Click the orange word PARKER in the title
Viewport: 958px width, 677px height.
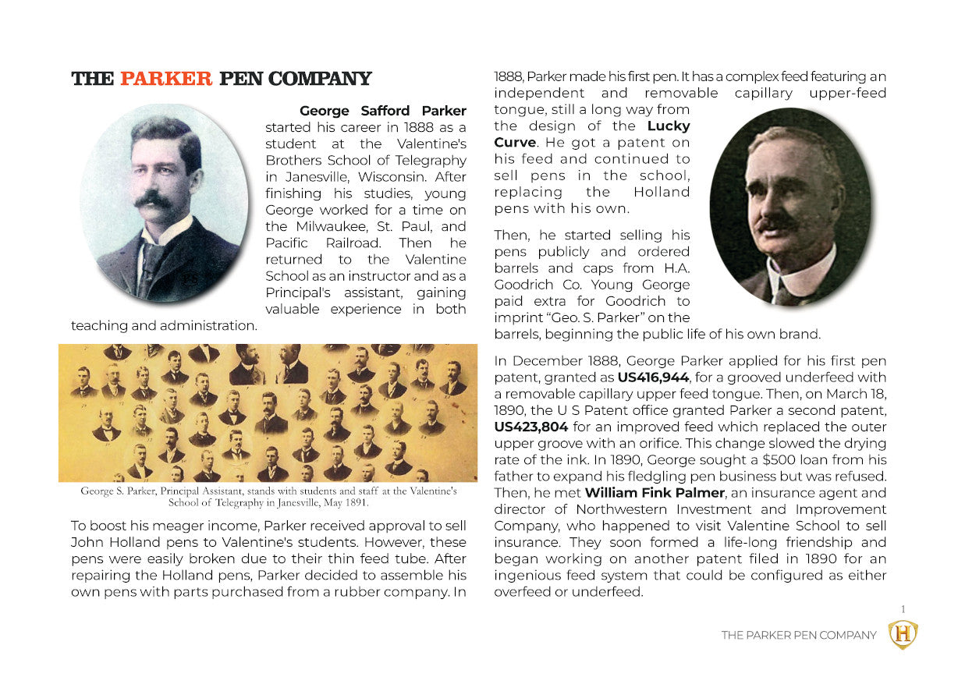pyautogui.click(x=165, y=79)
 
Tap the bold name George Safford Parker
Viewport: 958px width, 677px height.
pyautogui.click(x=382, y=111)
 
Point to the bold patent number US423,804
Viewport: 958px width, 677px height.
pyautogui.click(x=530, y=427)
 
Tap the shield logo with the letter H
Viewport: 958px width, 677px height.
pyautogui.click(x=903, y=635)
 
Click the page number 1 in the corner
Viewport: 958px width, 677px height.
pyautogui.click(x=903, y=609)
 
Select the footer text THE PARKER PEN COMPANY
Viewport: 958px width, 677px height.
pyautogui.click(x=798, y=635)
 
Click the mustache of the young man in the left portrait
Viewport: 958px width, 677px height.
pyautogui.click(x=154, y=200)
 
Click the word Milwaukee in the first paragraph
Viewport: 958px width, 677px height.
pyautogui.click(x=333, y=226)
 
